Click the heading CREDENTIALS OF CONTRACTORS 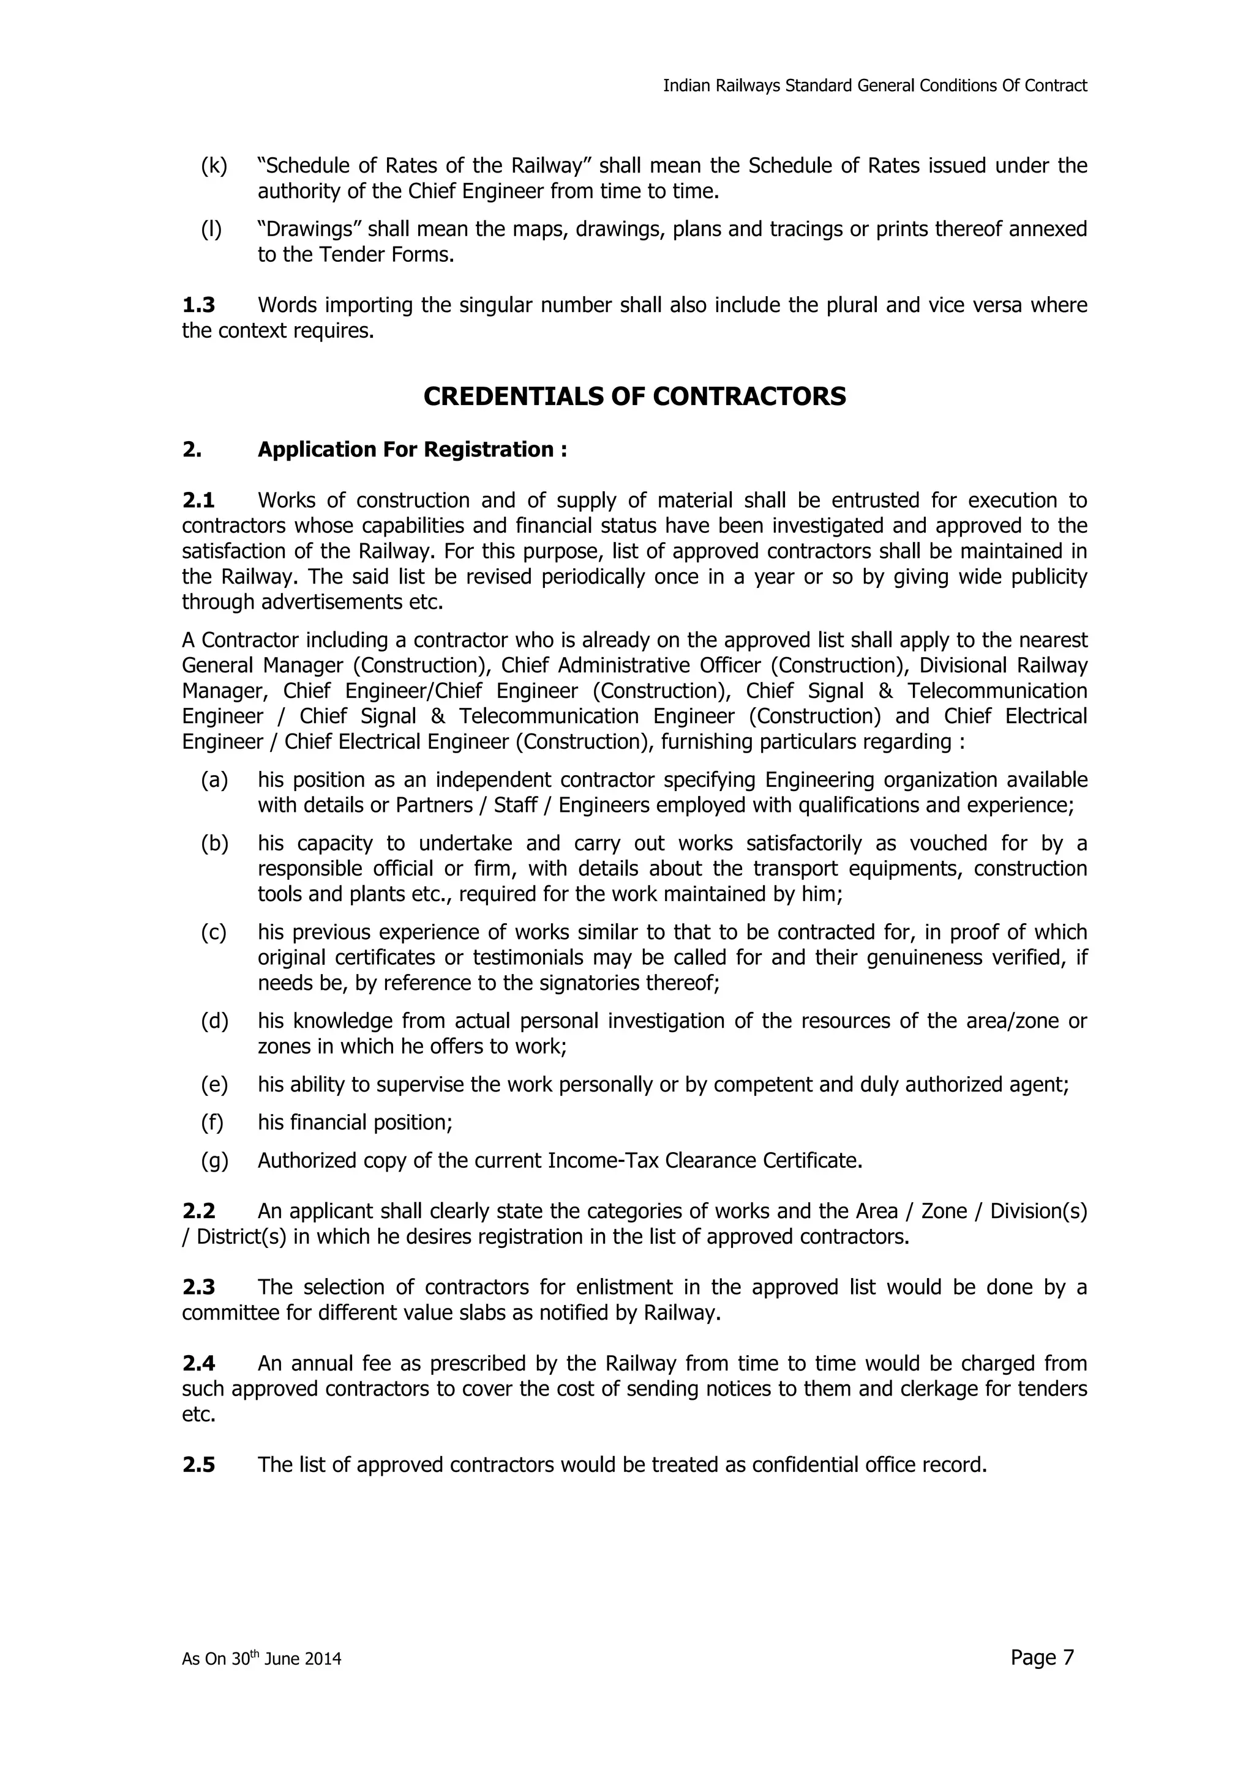point(634,397)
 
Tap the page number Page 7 point(1042,1657)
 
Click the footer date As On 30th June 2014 point(261,1659)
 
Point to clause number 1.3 point(198,306)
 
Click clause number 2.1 point(198,501)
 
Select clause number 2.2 point(198,1211)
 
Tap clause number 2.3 point(198,1287)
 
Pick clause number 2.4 point(198,1364)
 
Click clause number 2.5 point(198,1465)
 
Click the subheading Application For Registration point(413,450)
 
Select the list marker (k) point(214,166)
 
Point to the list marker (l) point(212,229)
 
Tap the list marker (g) point(215,1161)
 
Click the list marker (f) point(212,1123)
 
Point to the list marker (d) point(215,1022)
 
